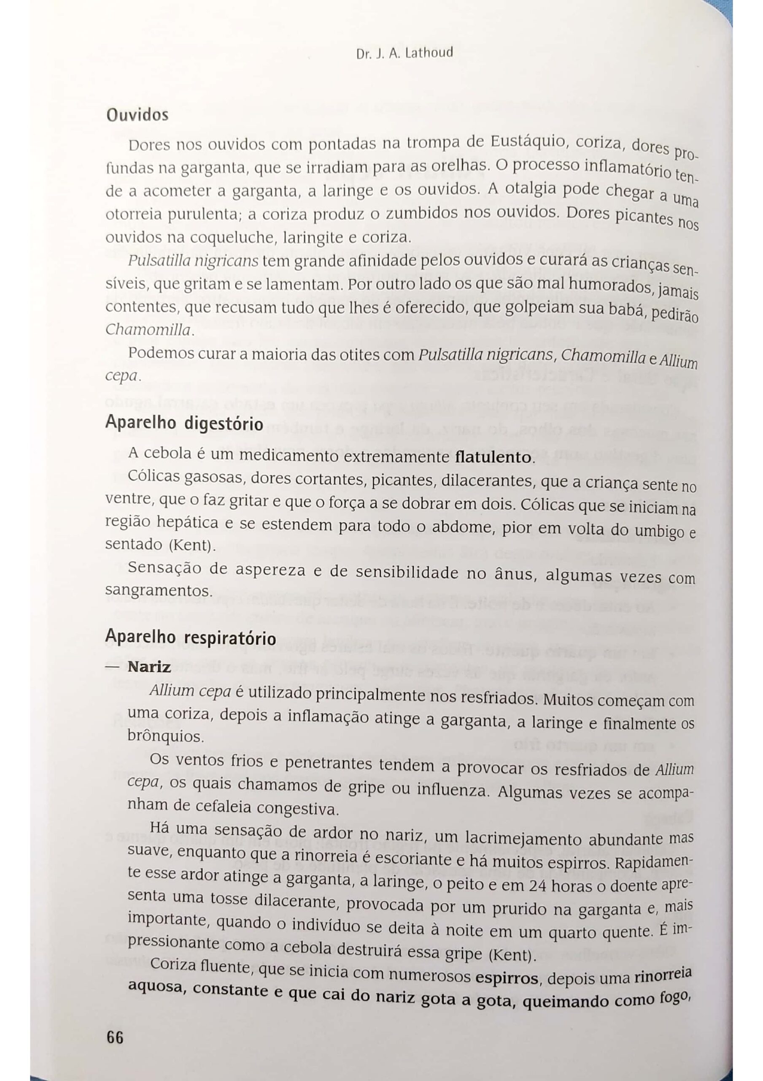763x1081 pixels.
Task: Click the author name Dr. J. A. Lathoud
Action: pyautogui.click(x=404, y=53)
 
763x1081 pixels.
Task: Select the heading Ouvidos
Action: pyautogui.click(x=138, y=115)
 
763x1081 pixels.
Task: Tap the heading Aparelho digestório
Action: pyautogui.click(x=184, y=422)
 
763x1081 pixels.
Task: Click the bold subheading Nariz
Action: pyautogui.click(x=150, y=667)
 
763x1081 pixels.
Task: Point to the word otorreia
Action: pyautogui.click(x=133, y=214)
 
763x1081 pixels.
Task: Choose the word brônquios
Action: pyautogui.click(x=159, y=736)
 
